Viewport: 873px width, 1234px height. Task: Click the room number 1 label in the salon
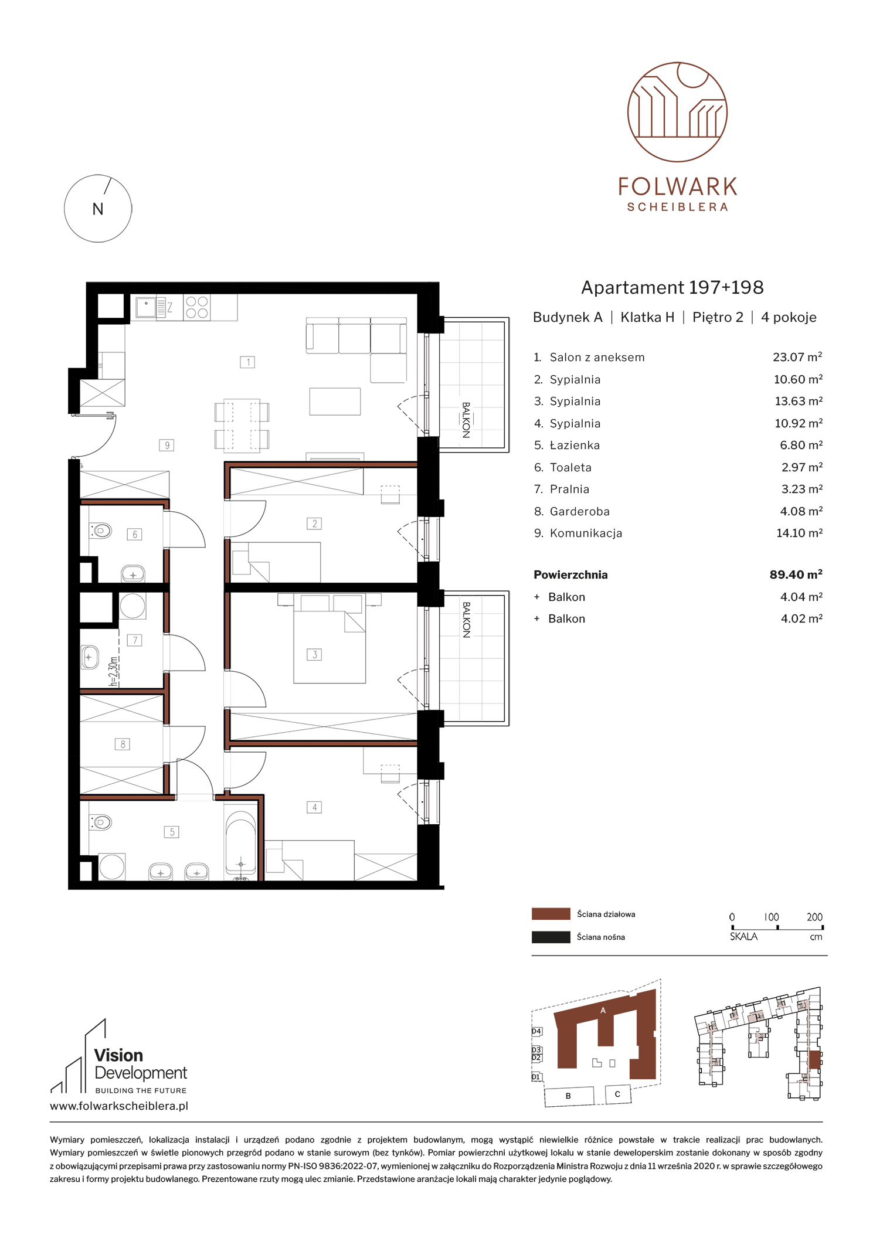click(247, 362)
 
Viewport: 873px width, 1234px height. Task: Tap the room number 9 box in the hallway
click(167, 446)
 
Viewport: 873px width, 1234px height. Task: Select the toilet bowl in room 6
click(101, 531)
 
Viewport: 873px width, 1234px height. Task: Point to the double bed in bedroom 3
click(330, 638)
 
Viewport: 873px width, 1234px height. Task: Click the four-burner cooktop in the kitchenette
click(197, 307)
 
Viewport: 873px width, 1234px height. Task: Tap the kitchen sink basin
click(146, 307)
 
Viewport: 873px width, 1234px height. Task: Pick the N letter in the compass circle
click(98, 209)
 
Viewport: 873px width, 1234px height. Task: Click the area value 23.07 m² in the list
click(797, 357)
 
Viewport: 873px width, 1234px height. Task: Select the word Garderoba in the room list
click(579, 512)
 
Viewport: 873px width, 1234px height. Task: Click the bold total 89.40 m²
click(796, 574)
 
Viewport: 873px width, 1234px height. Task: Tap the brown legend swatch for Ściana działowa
click(551, 914)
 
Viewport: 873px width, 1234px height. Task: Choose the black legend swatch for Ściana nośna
click(551, 937)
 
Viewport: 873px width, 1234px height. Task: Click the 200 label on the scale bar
click(814, 917)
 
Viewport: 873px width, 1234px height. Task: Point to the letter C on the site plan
click(617, 1094)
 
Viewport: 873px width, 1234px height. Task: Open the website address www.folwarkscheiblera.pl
click(119, 1106)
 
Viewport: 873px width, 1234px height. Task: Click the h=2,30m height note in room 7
click(114, 671)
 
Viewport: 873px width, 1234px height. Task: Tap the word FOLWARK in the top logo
click(678, 187)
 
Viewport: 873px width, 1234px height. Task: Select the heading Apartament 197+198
click(672, 287)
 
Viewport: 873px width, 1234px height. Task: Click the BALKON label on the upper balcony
click(466, 420)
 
